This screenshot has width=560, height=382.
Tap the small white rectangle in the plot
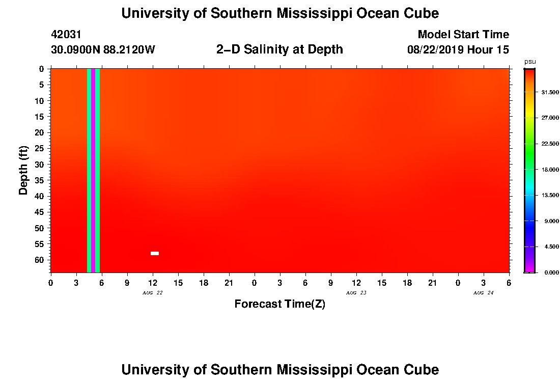coord(155,253)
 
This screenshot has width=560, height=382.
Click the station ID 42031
coord(66,35)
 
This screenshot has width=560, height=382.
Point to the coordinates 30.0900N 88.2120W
coord(103,50)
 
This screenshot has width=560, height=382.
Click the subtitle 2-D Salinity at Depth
coord(279,49)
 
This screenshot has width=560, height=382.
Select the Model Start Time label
coord(463,35)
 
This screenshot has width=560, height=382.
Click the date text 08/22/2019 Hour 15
coord(458,50)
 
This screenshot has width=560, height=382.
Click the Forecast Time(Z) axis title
coord(279,304)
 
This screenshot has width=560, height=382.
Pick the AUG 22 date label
coord(153,293)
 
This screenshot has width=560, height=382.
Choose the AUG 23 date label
coord(356,293)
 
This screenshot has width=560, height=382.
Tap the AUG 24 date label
coord(483,293)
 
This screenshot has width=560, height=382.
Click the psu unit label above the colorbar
coord(530,62)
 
